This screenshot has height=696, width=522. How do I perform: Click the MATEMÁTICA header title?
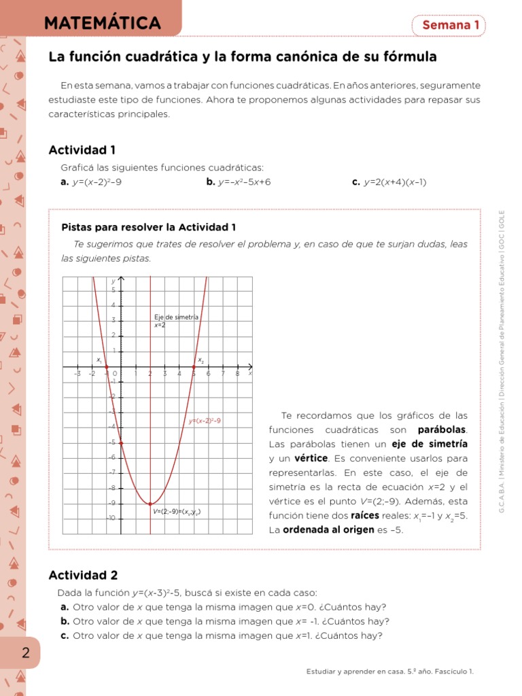coord(102,24)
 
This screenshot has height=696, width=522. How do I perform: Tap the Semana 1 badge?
coord(451,25)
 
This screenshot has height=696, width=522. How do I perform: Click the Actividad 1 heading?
coord(82,150)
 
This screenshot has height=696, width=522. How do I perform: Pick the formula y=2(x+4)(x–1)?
coord(395,182)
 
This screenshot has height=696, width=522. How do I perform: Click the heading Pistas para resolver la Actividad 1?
coord(148,227)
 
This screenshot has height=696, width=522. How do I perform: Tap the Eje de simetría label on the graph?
coord(176,317)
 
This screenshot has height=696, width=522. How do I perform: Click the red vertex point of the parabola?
coord(150,504)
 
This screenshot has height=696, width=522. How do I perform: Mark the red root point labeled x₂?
coord(194,367)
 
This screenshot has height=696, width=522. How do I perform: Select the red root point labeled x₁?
coord(106,367)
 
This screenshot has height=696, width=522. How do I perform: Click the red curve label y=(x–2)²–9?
coord(205,421)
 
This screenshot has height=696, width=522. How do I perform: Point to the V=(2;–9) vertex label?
coord(176,512)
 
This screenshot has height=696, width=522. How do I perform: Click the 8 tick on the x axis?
coord(237,373)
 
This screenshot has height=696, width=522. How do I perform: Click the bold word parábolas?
coord(442,430)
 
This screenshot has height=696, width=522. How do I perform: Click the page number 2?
coord(26,653)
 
